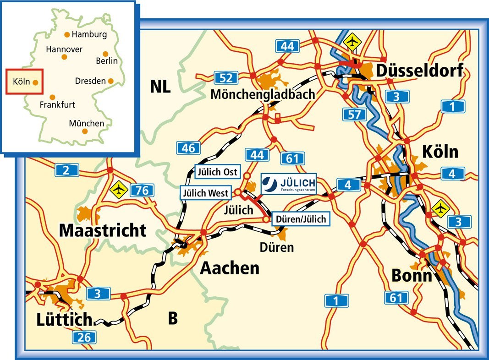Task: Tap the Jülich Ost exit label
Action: [x=217, y=172]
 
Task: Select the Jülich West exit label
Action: [x=205, y=193]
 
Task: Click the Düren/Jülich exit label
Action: [x=301, y=219]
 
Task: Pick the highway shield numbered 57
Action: [x=354, y=115]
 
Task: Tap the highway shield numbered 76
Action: [x=142, y=190]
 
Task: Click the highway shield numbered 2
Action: [x=66, y=171]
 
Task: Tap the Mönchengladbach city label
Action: [x=263, y=94]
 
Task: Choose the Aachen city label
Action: [x=230, y=267]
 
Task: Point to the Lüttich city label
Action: [x=64, y=319]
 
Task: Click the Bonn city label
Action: [x=412, y=276]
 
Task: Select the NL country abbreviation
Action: [x=160, y=86]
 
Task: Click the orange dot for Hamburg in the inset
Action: [x=67, y=35]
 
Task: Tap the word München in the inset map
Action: [x=86, y=123]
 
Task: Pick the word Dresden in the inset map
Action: [x=90, y=81]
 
